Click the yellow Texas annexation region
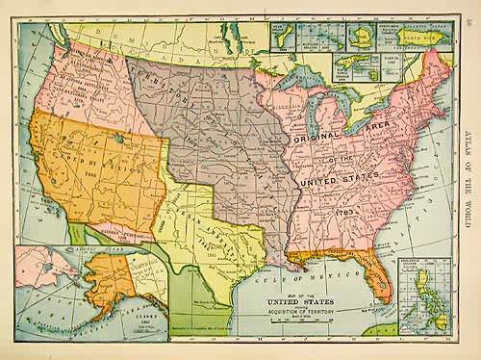[x=207, y=231]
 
